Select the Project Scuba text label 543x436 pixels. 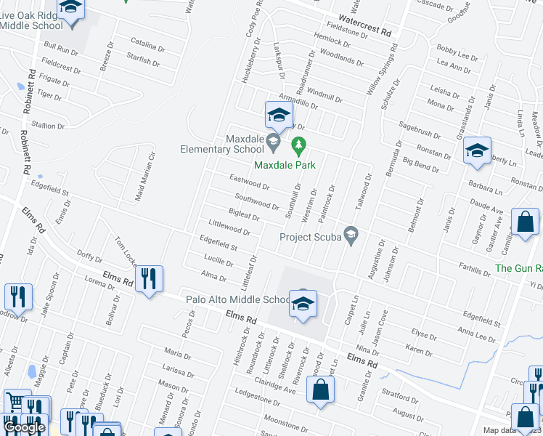(311, 237)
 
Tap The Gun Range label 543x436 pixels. (518, 268)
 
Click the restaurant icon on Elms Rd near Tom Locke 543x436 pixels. (148, 279)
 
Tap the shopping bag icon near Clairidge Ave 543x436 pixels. (321, 391)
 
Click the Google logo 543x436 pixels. (24, 427)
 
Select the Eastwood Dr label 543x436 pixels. (249, 182)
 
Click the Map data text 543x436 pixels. (502, 431)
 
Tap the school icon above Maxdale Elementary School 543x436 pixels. (279, 115)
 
